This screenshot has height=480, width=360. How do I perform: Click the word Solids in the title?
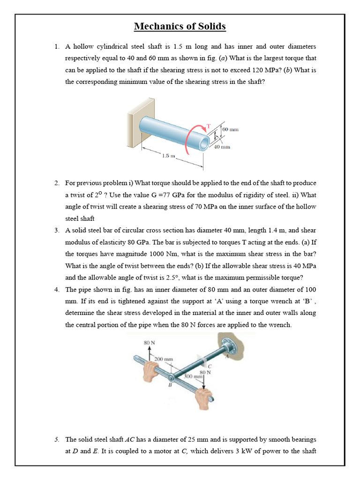pos(210,26)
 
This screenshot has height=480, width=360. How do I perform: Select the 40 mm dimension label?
pos(222,147)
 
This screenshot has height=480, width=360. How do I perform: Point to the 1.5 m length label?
pos(169,156)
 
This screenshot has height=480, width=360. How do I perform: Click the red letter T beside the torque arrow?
pos(209,126)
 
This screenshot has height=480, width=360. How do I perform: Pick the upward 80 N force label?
pos(149,343)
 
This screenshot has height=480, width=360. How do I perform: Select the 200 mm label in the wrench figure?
pos(164,360)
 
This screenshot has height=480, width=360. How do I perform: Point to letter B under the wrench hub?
pos(170,385)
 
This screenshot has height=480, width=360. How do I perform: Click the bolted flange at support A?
pos(229,346)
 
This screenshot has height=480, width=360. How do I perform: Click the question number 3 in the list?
pos(56,230)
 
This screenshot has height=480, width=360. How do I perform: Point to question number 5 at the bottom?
pos(56,439)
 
